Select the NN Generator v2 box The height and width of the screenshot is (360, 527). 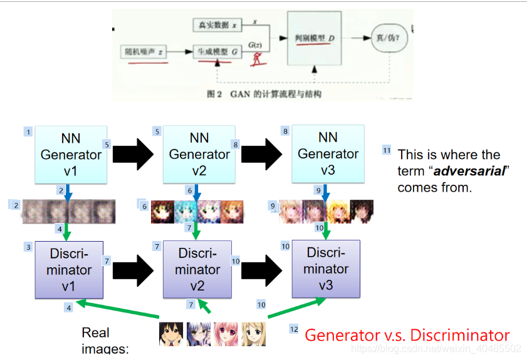point(199,153)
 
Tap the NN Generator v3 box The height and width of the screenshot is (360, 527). point(328,153)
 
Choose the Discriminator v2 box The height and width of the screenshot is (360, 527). point(197,270)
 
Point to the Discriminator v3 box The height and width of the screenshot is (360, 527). point(326,269)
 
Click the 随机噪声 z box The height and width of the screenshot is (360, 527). point(143,53)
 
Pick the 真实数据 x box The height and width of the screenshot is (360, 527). point(216,26)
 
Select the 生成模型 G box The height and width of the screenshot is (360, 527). point(216,53)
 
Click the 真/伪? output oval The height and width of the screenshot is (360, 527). point(389,38)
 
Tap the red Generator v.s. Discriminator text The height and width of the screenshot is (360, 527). point(407,335)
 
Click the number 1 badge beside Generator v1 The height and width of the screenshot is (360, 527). point(28,131)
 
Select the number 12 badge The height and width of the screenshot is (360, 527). point(294,329)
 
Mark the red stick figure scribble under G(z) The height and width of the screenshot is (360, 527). point(256,59)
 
